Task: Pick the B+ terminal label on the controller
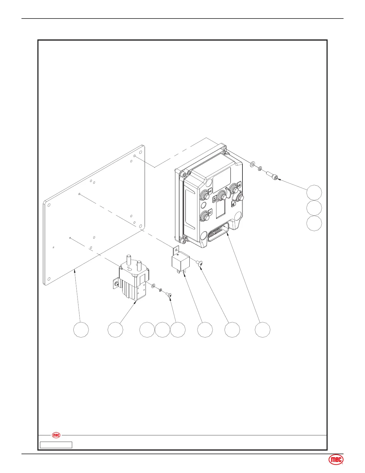pos(215,199)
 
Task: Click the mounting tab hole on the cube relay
pos(177,250)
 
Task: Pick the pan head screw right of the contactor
pos(169,295)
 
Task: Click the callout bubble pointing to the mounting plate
pos(81,330)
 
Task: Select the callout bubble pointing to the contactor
pos(115,330)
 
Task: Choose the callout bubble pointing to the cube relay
pos(205,330)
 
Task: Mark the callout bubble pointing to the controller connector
pos(262,330)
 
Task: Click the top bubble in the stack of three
pos(314,192)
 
